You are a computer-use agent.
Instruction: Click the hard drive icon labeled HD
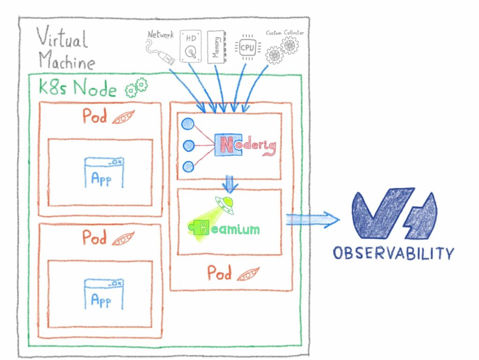pyautogui.click(x=190, y=46)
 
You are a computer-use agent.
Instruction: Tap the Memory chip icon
pyautogui.click(x=216, y=47)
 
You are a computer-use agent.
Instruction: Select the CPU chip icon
pyautogui.click(x=247, y=47)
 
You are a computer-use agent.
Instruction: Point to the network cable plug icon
pyautogui.click(x=160, y=52)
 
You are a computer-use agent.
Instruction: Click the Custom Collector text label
pyautogui.click(x=285, y=33)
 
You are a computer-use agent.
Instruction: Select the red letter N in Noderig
pyautogui.click(x=227, y=145)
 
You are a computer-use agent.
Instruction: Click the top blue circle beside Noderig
pyautogui.click(x=188, y=124)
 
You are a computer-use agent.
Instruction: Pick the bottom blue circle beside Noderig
pyautogui.click(x=188, y=167)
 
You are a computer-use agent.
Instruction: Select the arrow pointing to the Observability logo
pyautogui.click(x=312, y=219)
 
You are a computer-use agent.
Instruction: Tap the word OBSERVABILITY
pyautogui.click(x=393, y=253)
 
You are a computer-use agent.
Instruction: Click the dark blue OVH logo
pyautogui.click(x=394, y=214)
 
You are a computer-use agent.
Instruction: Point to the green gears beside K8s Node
pyautogui.click(x=136, y=87)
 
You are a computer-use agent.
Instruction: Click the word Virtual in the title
pyautogui.click(x=62, y=37)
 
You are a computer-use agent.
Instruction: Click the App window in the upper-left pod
pyautogui.click(x=104, y=173)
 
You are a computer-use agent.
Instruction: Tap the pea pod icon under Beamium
pyautogui.click(x=248, y=274)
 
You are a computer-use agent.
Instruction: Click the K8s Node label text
pyautogui.click(x=78, y=87)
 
